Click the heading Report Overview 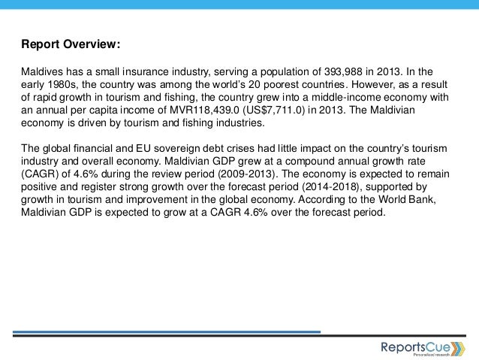pyautogui.click(x=69, y=44)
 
